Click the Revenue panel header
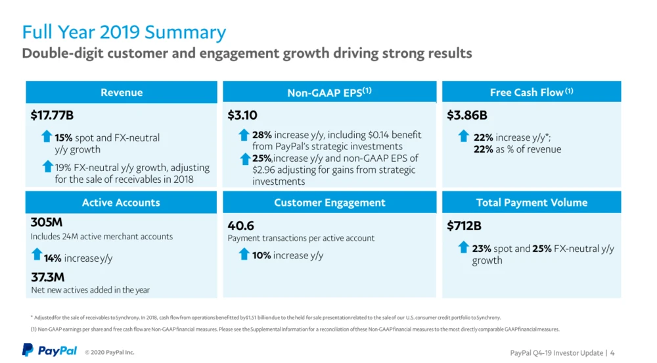click(122, 93)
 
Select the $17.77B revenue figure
click(52, 116)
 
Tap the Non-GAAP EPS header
click(329, 93)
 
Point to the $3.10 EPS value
click(242, 116)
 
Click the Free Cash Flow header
click(532, 93)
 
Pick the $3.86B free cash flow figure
click(466, 116)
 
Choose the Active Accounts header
click(121, 203)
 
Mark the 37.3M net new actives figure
click(48, 277)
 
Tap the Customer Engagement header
click(329, 203)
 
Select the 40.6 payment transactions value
click(240, 226)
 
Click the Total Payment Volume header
click(532, 203)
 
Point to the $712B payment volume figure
click(464, 226)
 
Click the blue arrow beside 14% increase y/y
click(37, 255)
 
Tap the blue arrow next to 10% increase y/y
click(244, 254)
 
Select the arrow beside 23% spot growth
click(464, 247)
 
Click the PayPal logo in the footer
click(49, 351)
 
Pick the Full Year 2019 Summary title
click(124, 32)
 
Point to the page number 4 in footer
click(612, 353)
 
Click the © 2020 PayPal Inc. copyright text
click(109, 353)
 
